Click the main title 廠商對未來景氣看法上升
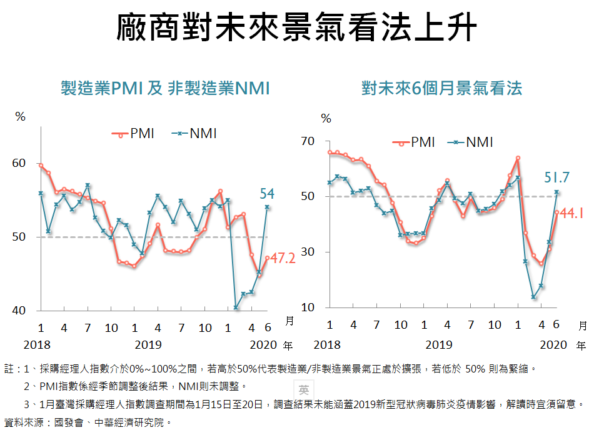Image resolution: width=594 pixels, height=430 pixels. [297, 28]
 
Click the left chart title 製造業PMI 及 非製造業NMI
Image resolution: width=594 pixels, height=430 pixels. [165, 89]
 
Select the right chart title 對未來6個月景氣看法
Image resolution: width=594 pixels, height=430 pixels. [441, 89]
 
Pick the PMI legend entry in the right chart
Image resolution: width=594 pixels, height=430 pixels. [413, 142]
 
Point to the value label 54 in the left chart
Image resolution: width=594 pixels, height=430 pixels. [267, 194]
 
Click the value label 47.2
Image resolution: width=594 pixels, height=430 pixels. [282, 258]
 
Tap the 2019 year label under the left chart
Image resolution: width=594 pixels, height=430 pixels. [149, 344]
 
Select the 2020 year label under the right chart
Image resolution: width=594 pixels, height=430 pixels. [553, 344]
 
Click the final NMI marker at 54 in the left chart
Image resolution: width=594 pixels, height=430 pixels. [267, 207]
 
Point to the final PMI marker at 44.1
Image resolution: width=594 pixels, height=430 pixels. [556, 212]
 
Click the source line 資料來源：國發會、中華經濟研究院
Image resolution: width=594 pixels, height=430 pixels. [87, 422]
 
